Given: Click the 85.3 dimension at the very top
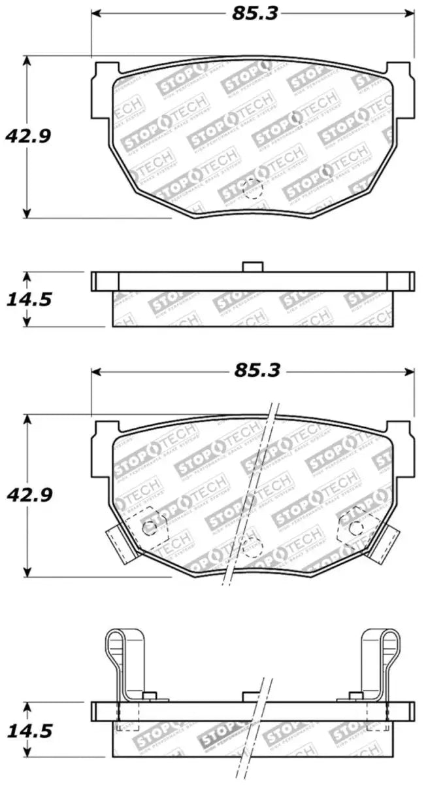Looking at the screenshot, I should [253, 12].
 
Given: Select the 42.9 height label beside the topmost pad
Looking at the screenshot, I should [27, 135].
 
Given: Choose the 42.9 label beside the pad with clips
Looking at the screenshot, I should [27, 494].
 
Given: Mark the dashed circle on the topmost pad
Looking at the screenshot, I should [252, 189].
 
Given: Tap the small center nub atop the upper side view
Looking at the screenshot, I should [252, 266].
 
